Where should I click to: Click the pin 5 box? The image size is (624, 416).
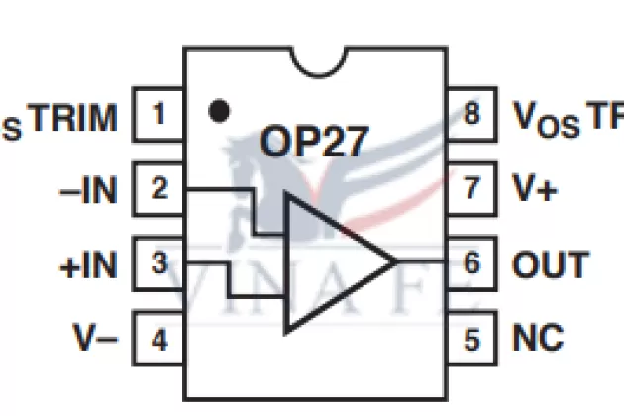coord(471,339)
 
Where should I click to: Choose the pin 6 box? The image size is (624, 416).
coord(471,264)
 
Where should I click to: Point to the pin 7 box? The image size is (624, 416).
coord(471,188)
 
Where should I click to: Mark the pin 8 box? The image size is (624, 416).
coord(471,115)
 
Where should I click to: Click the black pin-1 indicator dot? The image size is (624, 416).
coord(221,110)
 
